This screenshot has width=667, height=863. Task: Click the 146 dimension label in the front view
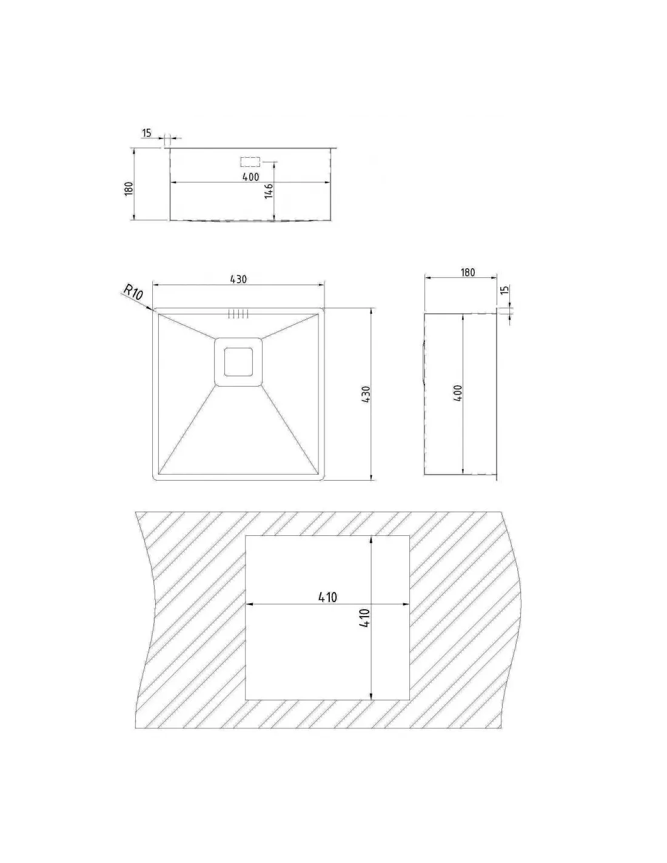point(269,191)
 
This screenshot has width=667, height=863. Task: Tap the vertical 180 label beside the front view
point(128,188)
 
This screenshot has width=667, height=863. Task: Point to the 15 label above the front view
point(146,133)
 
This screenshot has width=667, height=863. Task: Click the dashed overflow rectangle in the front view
point(250,161)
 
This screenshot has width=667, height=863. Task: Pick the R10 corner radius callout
point(133,293)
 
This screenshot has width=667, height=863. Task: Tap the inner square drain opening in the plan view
point(238,361)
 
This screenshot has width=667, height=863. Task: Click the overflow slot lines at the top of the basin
point(238,314)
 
